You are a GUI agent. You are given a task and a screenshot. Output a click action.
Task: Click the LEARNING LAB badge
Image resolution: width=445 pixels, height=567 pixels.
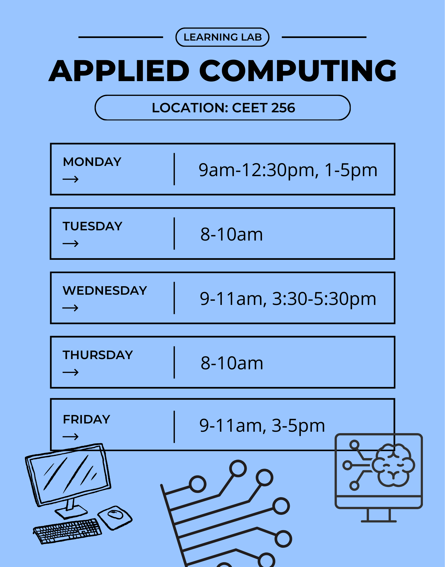pyautogui.click(x=222, y=37)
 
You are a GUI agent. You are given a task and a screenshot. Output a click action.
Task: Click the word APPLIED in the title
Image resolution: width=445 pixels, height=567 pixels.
pyautogui.click(x=119, y=71)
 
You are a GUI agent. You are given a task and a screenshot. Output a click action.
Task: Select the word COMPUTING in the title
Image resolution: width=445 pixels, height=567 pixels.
pyautogui.click(x=298, y=71)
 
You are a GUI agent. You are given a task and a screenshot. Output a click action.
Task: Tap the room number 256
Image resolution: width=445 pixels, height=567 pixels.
pyautogui.click(x=283, y=108)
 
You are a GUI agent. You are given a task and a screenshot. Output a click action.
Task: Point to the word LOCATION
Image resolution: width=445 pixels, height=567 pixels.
pyautogui.click(x=190, y=108)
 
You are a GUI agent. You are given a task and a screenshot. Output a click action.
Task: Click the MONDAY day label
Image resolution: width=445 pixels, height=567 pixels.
pyautogui.click(x=92, y=162)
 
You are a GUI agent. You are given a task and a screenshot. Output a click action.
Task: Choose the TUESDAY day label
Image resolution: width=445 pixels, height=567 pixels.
pyautogui.click(x=92, y=226)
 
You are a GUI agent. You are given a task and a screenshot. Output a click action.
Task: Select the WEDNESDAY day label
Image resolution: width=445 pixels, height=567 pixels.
pyautogui.click(x=105, y=290)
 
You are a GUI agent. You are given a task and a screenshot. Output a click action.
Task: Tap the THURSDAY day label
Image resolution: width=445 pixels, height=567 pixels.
pyautogui.click(x=98, y=355)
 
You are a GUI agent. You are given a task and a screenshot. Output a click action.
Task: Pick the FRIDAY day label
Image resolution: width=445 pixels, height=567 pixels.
pyautogui.click(x=86, y=419)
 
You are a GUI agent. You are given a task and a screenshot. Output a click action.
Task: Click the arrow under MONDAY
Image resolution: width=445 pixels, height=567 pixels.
pyautogui.click(x=71, y=179)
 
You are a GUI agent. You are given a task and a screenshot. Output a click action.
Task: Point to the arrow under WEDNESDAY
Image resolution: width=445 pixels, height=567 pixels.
pyautogui.click(x=71, y=308)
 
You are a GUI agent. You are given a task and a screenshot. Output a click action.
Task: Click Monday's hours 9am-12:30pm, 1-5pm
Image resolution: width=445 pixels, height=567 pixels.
pyautogui.click(x=288, y=170)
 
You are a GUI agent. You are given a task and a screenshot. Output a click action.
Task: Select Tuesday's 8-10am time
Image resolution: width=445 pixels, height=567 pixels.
pyautogui.click(x=231, y=234)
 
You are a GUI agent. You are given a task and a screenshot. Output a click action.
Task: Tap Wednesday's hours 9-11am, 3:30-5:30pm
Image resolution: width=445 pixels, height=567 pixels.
pyautogui.click(x=288, y=299)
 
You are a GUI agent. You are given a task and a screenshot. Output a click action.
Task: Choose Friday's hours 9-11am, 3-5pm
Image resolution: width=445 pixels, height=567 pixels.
pyautogui.click(x=262, y=425)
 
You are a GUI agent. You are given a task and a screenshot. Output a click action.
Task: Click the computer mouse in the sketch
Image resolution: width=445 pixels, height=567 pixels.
pyautogui.click(x=115, y=517)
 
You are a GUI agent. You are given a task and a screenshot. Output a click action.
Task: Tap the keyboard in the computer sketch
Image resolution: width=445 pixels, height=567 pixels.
pyautogui.click(x=67, y=530)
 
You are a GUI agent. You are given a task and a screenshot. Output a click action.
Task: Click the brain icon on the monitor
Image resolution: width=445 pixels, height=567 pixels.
pyautogui.click(x=393, y=465)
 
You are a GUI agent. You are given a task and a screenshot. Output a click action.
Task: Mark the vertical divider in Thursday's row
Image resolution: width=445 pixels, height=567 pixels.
pyautogui.click(x=174, y=362)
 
